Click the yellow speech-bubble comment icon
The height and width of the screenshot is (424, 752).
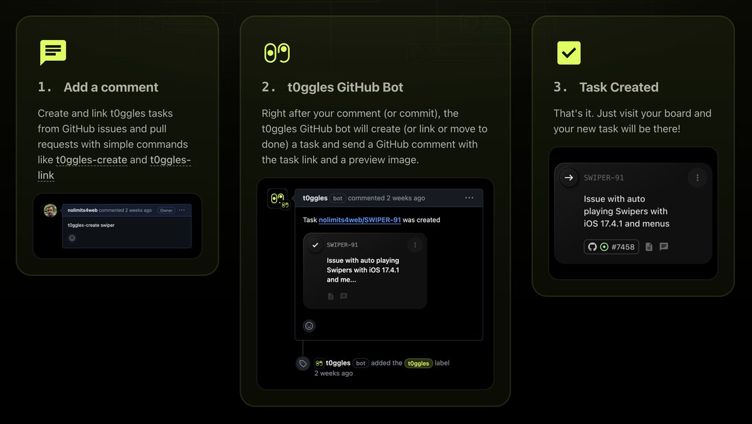point(53,51)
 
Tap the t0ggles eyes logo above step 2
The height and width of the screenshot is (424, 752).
point(277,53)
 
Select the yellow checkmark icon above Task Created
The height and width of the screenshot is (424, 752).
point(569,53)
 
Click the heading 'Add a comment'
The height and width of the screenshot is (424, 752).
point(111,87)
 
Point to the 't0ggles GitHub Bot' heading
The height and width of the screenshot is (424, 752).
point(345,87)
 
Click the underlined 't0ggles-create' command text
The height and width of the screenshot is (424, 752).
point(91,159)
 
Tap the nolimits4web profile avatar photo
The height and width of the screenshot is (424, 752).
point(50,210)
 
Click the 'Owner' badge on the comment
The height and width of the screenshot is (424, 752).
point(166,210)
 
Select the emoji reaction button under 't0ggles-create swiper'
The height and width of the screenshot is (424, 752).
point(72,238)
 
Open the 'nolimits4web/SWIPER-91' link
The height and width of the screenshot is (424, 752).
point(360,220)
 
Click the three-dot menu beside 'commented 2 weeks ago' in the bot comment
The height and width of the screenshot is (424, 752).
point(469,198)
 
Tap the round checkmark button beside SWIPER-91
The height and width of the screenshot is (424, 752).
point(315,245)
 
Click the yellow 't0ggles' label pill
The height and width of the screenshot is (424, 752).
point(419,363)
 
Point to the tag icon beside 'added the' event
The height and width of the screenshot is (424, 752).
point(303,364)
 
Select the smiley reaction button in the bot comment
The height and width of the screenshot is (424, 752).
point(309,326)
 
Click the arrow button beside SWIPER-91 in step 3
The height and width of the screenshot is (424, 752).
point(569,178)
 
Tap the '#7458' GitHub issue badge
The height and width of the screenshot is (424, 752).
point(612,247)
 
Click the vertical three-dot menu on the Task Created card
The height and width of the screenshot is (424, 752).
point(697,178)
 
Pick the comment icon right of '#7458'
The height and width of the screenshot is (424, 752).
point(664,246)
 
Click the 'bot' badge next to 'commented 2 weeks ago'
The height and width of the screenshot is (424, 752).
point(337,198)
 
